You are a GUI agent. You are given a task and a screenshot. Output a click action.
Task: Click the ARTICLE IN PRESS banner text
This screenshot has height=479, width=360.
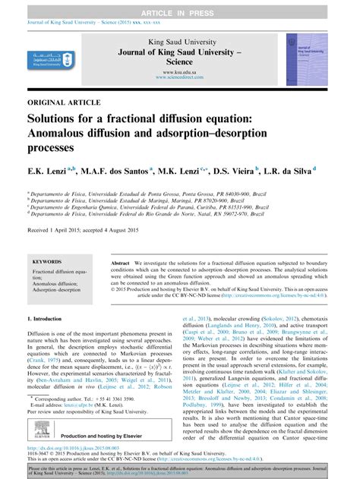(x=180, y=5)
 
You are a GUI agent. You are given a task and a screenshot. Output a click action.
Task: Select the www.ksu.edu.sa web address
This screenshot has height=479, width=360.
(x=179, y=71)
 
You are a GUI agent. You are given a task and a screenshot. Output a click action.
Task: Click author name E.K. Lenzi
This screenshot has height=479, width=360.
(x=46, y=172)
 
